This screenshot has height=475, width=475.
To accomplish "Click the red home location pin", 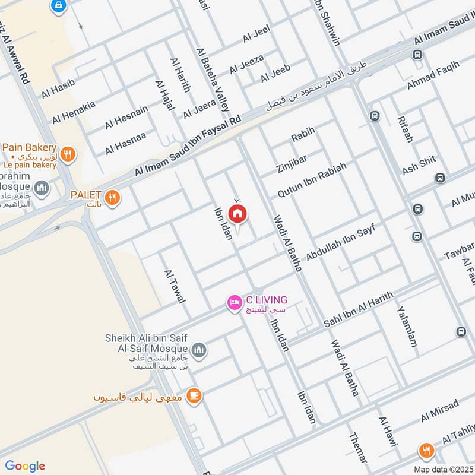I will (x=237, y=214).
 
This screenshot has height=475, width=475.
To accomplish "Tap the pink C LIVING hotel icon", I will (x=235, y=303).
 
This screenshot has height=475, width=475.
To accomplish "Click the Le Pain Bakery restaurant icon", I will (x=69, y=153).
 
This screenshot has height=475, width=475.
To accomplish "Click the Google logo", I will (x=25, y=466).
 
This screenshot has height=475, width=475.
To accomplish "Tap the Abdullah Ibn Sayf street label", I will (x=341, y=240).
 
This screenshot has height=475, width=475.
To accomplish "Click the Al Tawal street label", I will (x=175, y=287).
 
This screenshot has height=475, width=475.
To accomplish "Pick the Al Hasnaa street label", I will (x=125, y=143).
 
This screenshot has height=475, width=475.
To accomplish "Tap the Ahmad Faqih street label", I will (x=433, y=78).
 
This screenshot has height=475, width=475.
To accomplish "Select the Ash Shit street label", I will (x=419, y=164).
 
